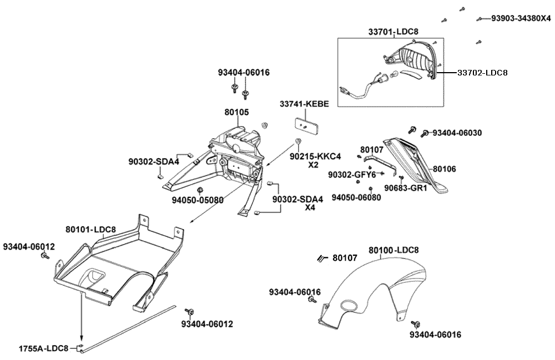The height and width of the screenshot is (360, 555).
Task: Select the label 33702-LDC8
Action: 482,72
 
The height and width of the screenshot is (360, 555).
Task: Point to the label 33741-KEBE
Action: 304,104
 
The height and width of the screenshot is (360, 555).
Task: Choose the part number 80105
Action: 236,112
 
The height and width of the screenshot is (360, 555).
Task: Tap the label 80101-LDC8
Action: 90,229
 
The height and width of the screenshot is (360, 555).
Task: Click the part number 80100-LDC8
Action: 394,250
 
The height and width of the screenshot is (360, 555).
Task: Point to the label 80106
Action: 444,168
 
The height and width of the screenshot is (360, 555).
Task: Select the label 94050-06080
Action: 356,197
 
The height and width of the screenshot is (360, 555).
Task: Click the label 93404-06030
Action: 457,133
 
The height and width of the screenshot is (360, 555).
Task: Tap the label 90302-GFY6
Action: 351,175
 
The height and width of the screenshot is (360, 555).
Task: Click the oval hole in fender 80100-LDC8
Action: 350,306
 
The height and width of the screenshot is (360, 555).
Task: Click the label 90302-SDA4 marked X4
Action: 297,199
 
